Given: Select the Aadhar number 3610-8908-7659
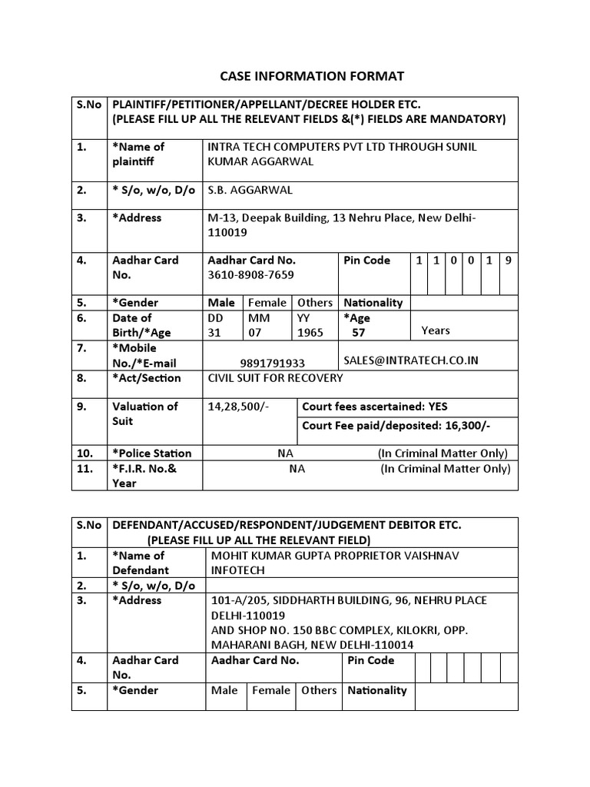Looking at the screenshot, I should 250,274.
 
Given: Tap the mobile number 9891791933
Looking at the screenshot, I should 271,363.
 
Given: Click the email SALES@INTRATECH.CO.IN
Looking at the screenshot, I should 411,360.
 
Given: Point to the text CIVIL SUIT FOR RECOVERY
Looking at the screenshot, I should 276,378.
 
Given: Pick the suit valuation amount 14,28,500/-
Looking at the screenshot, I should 238,407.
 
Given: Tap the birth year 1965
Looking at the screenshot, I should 310,333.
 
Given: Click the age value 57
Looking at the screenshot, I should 359,333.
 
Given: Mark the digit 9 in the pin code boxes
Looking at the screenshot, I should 508,261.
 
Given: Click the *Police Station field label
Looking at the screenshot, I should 151,453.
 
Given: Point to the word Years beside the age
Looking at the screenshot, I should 436,330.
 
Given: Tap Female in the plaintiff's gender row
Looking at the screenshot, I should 267,303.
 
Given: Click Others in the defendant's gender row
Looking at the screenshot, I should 319,690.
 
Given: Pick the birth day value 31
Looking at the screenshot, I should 215,333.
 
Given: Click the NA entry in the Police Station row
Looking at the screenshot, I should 286,453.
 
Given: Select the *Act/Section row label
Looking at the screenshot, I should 147,378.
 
